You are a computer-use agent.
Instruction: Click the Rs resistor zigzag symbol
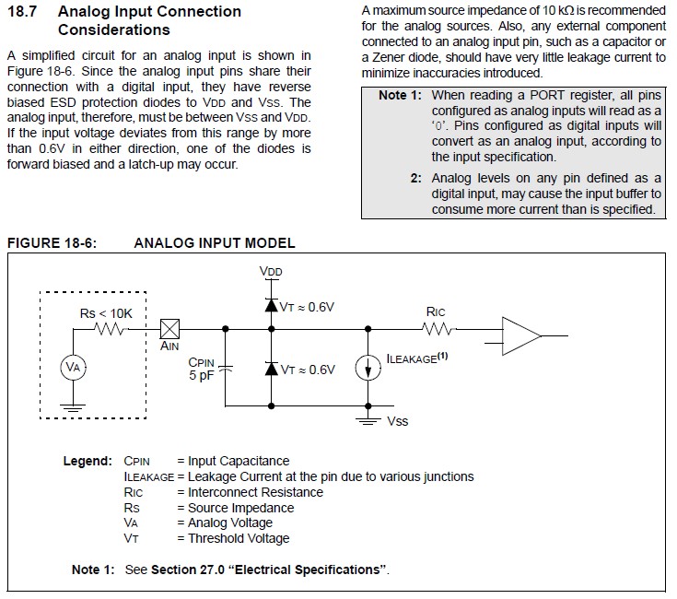tap(111, 329)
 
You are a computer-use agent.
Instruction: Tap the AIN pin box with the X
tap(169, 329)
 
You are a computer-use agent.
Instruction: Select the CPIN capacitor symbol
tap(225, 369)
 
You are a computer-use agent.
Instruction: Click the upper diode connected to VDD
tap(271, 305)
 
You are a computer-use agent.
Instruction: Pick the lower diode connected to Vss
tap(271, 369)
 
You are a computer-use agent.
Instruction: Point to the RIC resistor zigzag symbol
tap(438, 330)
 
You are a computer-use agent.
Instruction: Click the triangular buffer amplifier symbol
tap(521, 336)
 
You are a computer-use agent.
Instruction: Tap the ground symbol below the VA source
tap(73, 407)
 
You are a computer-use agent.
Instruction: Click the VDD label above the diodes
tap(271, 271)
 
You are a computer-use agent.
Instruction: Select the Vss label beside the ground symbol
tap(397, 421)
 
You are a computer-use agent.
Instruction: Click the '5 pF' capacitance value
tap(201, 375)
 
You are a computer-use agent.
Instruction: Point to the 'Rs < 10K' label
tap(106, 313)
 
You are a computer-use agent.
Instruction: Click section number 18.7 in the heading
tap(22, 11)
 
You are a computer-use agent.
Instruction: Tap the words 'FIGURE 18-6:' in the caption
tap(52, 242)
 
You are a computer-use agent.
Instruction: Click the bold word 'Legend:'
tap(88, 461)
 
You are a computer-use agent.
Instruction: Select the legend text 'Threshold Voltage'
tap(239, 538)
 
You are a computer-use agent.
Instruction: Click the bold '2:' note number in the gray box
tap(415, 178)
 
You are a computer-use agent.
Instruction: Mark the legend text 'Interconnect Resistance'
tap(256, 492)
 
